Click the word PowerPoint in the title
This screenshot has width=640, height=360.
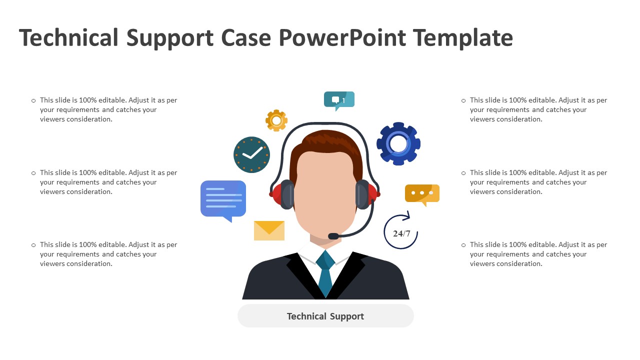click(342, 38)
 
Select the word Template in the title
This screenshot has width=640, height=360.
click(463, 38)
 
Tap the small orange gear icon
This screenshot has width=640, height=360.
click(276, 120)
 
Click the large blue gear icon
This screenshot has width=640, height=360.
click(398, 143)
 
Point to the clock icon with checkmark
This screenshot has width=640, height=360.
click(251, 154)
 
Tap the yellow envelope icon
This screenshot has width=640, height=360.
click(269, 230)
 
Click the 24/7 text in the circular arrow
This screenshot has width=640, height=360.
click(401, 233)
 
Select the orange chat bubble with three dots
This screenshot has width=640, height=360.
click(422, 195)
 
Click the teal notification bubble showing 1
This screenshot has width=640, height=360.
click(339, 101)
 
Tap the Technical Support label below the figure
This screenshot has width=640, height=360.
click(325, 316)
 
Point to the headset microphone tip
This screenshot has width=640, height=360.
click(333, 236)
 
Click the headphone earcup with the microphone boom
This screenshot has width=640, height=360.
click(364, 194)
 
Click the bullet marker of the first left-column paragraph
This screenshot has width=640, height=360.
click(33, 100)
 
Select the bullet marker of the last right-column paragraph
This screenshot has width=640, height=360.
click(463, 245)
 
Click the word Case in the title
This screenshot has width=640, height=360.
click(245, 38)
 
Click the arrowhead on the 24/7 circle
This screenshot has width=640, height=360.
click(407, 216)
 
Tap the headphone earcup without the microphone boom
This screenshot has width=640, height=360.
click(284, 194)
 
